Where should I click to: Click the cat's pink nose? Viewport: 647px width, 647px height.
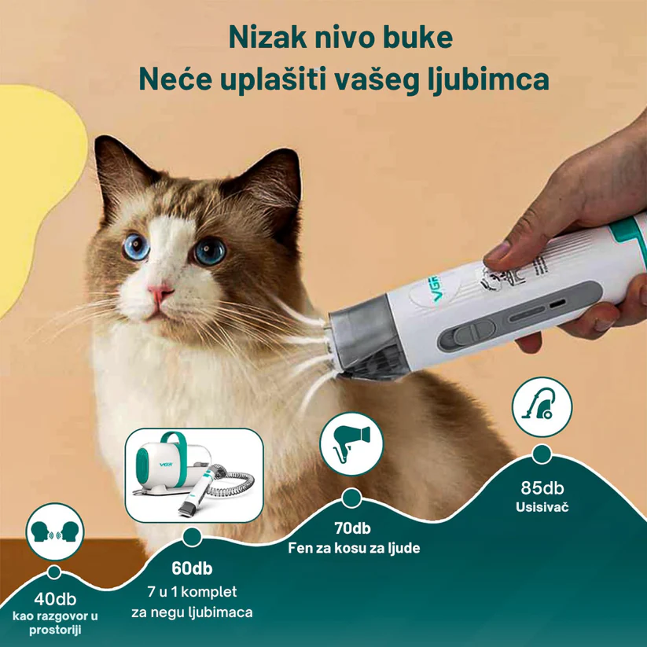coord(160,291)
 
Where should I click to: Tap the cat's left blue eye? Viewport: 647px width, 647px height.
coord(136,247)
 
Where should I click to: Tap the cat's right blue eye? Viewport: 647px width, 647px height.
coord(210,251)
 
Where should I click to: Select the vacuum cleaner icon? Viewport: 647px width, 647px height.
coord(542,407)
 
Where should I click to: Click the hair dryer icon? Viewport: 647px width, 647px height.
coord(351,443)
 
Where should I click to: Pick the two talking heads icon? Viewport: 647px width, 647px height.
coord(55,531)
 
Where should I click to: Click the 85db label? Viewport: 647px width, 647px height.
coord(542,487)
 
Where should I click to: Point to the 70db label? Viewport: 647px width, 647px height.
coord(352,528)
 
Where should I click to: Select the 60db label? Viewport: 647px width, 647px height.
coord(192,568)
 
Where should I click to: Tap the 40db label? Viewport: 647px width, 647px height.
coord(55,599)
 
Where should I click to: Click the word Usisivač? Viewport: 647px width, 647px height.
coord(542,507)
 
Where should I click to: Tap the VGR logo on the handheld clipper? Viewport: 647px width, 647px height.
coord(433,289)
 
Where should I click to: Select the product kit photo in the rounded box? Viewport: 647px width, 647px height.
coord(194,476)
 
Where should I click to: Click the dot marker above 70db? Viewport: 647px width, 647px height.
coord(351,498)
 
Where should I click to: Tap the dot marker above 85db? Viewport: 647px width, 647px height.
coord(542,454)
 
